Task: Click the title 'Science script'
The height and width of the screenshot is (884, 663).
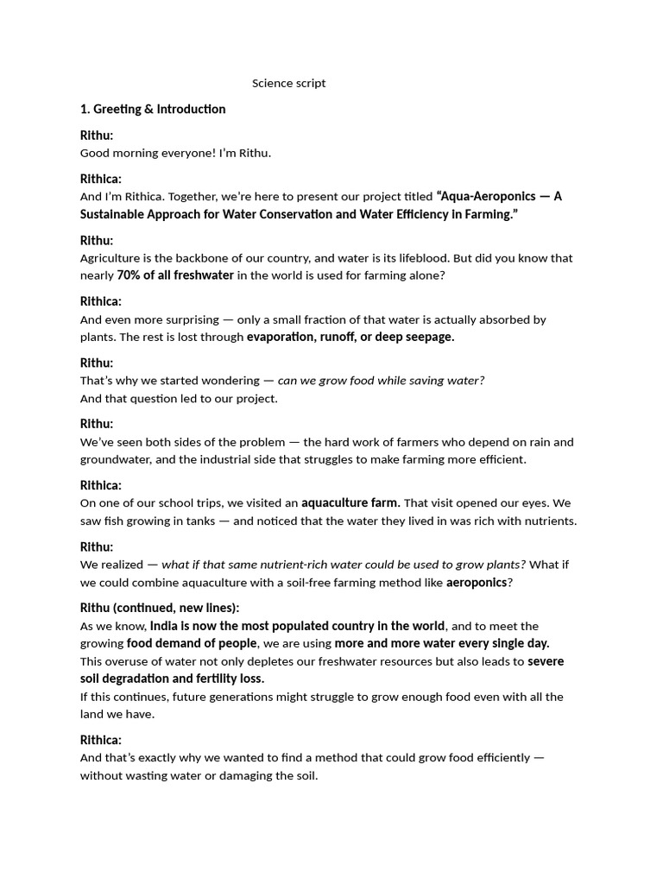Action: tap(288, 84)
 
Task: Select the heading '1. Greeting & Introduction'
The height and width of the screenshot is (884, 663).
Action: tap(153, 109)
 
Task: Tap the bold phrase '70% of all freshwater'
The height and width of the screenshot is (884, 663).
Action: tap(175, 275)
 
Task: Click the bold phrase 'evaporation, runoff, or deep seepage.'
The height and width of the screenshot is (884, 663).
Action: tap(350, 337)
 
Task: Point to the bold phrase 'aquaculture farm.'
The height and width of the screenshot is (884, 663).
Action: tap(350, 502)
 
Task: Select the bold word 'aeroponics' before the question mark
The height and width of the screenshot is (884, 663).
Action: tap(477, 583)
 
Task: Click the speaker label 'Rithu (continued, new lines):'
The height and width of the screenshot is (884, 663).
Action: tap(160, 608)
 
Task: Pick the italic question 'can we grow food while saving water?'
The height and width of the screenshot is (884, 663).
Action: tap(381, 381)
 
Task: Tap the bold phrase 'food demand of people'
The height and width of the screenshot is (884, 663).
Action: tap(192, 643)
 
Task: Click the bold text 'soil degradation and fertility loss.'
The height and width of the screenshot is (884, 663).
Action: tap(173, 679)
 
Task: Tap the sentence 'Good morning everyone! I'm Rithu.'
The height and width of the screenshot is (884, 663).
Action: tap(175, 153)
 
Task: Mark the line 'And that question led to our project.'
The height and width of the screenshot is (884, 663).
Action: tap(179, 398)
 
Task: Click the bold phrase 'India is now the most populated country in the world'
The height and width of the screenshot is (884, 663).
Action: tap(298, 626)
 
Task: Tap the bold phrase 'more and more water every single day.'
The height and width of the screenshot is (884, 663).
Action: tap(442, 643)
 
